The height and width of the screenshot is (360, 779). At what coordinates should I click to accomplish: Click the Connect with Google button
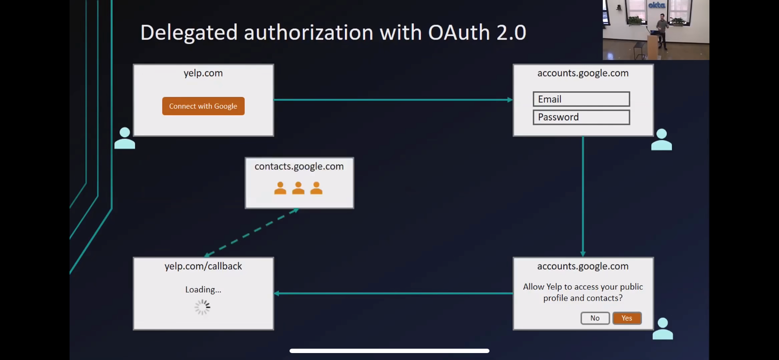pyautogui.click(x=203, y=106)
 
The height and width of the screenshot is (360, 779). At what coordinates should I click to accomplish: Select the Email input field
pyautogui.click(x=581, y=99)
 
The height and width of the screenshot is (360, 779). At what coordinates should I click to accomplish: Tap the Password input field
pyautogui.click(x=581, y=117)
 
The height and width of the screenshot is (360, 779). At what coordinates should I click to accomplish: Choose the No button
pyautogui.click(x=595, y=318)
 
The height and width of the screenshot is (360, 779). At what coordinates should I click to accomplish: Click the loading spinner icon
pyautogui.click(x=203, y=307)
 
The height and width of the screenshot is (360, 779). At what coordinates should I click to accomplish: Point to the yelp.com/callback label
pyautogui.click(x=203, y=266)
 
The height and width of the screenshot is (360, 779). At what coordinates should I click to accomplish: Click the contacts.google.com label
pyautogui.click(x=299, y=167)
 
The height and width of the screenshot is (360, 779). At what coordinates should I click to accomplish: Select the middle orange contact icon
pyautogui.click(x=298, y=188)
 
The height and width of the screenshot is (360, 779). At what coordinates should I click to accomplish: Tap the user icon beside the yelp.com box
pyautogui.click(x=125, y=138)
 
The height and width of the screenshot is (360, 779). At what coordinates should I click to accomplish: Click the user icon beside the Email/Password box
pyautogui.click(x=661, y=140)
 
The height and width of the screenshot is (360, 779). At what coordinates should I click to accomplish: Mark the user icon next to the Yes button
pyautogui.click(x=662, y=329)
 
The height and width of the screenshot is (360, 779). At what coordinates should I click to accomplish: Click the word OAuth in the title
pyautogui.click(x=459, y=33)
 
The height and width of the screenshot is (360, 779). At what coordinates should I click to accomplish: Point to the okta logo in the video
pyautogui.click(x=656, y=5)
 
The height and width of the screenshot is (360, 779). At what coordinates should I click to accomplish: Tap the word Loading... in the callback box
pyautogui.click(x=203, y=290)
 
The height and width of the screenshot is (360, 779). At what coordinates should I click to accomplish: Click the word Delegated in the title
pyautogui.click(x=189, y=33)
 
